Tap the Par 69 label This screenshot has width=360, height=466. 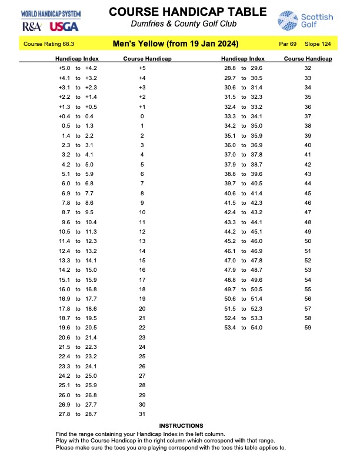tap(288, 44)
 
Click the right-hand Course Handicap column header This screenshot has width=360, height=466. tap(308, 59)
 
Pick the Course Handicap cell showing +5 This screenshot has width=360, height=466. tap(142, 68)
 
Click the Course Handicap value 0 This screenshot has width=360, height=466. tap(142, 116)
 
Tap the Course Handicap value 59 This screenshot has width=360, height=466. tap(308, 328)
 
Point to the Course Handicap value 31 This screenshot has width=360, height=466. tap(142, 414)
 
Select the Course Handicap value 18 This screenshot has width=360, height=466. tap(142, 289)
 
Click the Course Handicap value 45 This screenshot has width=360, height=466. tap(308, 194)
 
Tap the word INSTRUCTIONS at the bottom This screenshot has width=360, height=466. tap(181, 425)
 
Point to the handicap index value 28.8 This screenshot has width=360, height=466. tap(230, 68)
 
